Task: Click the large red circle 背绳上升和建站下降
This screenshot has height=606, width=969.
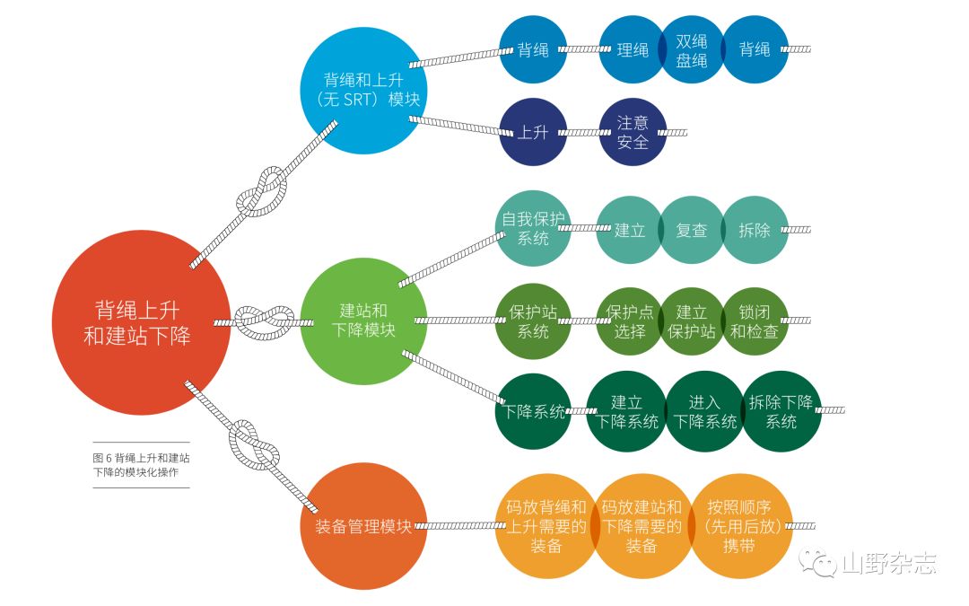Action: tap(142, 322)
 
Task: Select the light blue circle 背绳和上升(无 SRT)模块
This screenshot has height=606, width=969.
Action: tap(363, 91)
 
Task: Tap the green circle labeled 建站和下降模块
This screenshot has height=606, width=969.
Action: tap(363, 321)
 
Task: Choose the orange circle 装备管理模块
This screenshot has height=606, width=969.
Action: tap(363, 526)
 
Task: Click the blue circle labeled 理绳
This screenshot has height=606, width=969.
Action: tap(633, 49)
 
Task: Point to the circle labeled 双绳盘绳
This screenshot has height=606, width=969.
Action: tap(692, 49)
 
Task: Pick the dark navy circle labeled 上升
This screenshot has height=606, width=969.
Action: tap(533, 132)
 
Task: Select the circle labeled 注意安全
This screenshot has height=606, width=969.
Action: tap(633, 132)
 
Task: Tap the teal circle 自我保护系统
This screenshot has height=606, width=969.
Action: tap(533, 228)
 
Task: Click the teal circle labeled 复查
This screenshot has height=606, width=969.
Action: tap(692, 230)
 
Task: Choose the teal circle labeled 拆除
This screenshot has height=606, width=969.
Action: tap(755, 230)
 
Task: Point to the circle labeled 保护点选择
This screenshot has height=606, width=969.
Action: tap(630, 321)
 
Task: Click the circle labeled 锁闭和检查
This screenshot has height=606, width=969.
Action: tap(755, 321)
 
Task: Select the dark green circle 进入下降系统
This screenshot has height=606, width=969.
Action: tap(704, 411)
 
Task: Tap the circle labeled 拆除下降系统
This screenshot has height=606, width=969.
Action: tap(781, 411)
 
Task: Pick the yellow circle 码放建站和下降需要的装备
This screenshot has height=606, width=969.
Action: tap(642, 526)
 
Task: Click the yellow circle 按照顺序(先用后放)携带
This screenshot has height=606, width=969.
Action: tap(739, 526)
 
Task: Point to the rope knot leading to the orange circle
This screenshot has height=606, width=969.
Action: tap(253, 445)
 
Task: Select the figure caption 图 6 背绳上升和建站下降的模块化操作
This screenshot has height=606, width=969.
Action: tap(141, 465)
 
